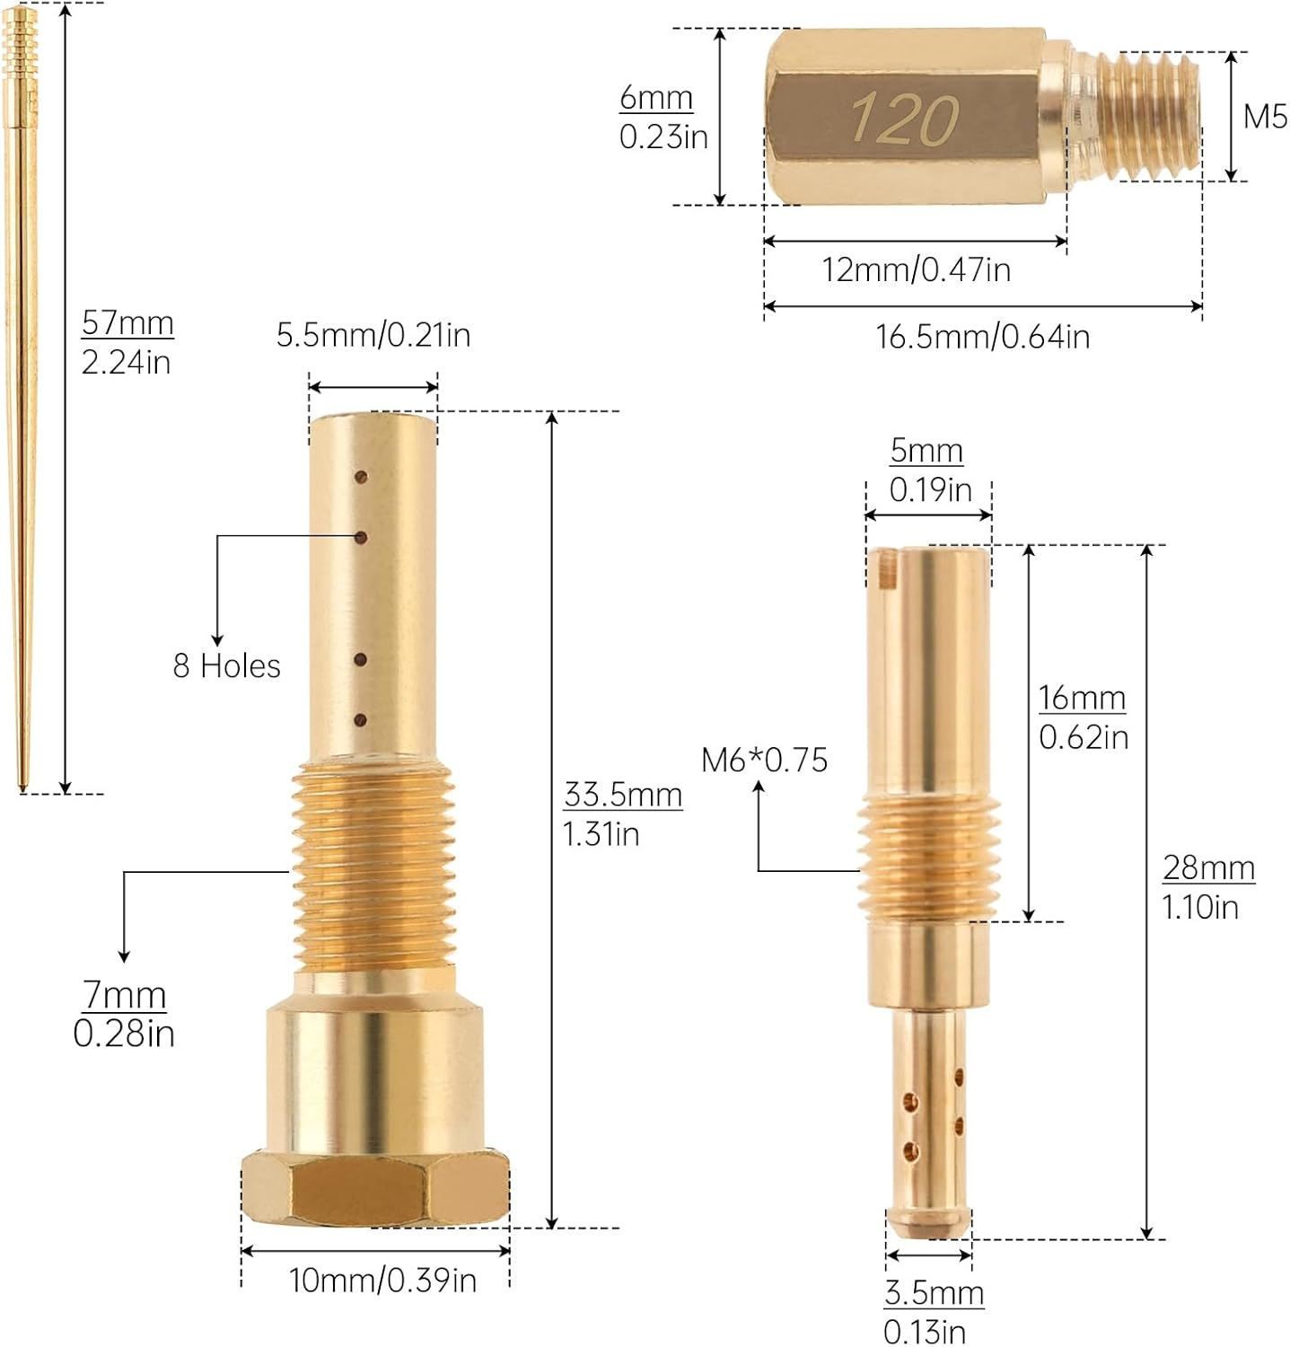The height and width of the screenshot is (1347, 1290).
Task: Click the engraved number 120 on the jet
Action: [905, 119]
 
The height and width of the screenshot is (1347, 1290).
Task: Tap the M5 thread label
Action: [1265, 117]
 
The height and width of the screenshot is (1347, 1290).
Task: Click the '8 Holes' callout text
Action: [226, 666]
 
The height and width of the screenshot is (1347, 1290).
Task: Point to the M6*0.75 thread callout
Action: [764, 761]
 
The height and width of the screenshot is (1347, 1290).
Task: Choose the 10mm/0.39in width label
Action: [382, 1281]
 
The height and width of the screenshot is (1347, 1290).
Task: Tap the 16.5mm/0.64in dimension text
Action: [983, 338]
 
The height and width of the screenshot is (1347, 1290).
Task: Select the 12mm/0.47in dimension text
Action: [917, 270]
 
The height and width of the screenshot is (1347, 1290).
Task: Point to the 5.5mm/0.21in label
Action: [373, 336]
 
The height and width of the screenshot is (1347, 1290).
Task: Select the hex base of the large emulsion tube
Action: [375, 1188]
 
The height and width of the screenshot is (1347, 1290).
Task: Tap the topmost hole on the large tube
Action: [361, 476]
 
